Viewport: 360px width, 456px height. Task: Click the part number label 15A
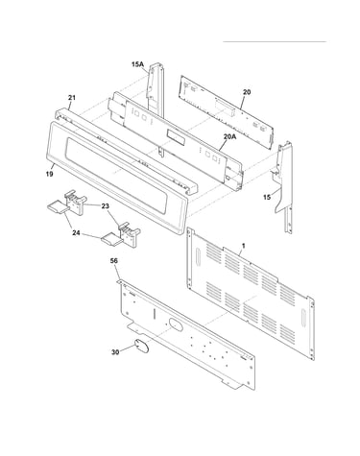[137, 64]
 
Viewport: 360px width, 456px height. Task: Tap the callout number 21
[72, 97]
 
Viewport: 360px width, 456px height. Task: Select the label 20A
[229, 136]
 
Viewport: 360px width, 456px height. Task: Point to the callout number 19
[49, 175]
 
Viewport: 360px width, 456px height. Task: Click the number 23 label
[105, 206]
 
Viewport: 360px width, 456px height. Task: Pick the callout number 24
[76, 233]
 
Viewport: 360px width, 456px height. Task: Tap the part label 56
[114, 261]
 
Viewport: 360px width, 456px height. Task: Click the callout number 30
[115, 352]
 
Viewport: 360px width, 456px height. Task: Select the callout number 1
[244, 246]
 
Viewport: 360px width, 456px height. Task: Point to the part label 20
[247, 92]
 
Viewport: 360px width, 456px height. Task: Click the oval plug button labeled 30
[141, 347]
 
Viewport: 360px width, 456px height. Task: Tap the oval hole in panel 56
[176, 324]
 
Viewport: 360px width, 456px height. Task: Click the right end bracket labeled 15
[284, 187]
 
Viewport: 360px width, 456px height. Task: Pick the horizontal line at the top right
[275, 41]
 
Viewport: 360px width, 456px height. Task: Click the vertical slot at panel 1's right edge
[302, 318]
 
